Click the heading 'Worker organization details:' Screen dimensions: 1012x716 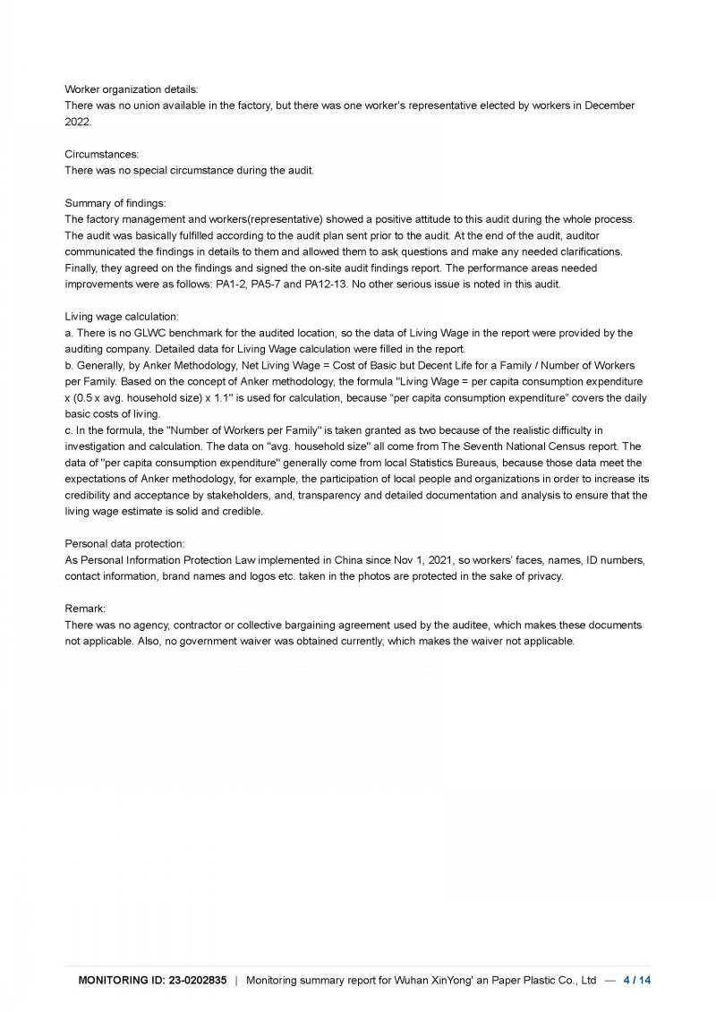(x=132, y=89)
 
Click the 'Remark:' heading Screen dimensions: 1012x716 (x=86, y=608)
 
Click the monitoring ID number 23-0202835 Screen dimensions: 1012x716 (x=196, y=981)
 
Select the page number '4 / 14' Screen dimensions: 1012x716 (x=637, y=981)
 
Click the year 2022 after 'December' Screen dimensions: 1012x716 (x=78, y=122)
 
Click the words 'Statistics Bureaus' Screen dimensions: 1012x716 (x=452, y=462)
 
